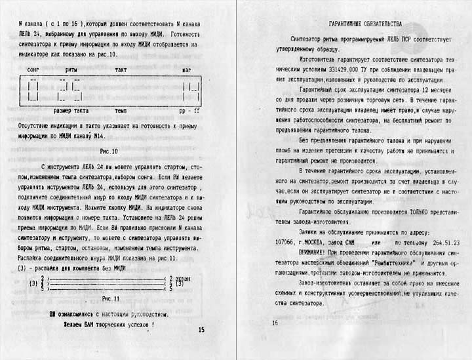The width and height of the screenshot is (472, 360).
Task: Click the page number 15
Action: point(201,330)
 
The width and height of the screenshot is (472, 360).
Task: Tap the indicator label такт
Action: point(123,69)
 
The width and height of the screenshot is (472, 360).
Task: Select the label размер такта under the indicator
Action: point(71,111)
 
